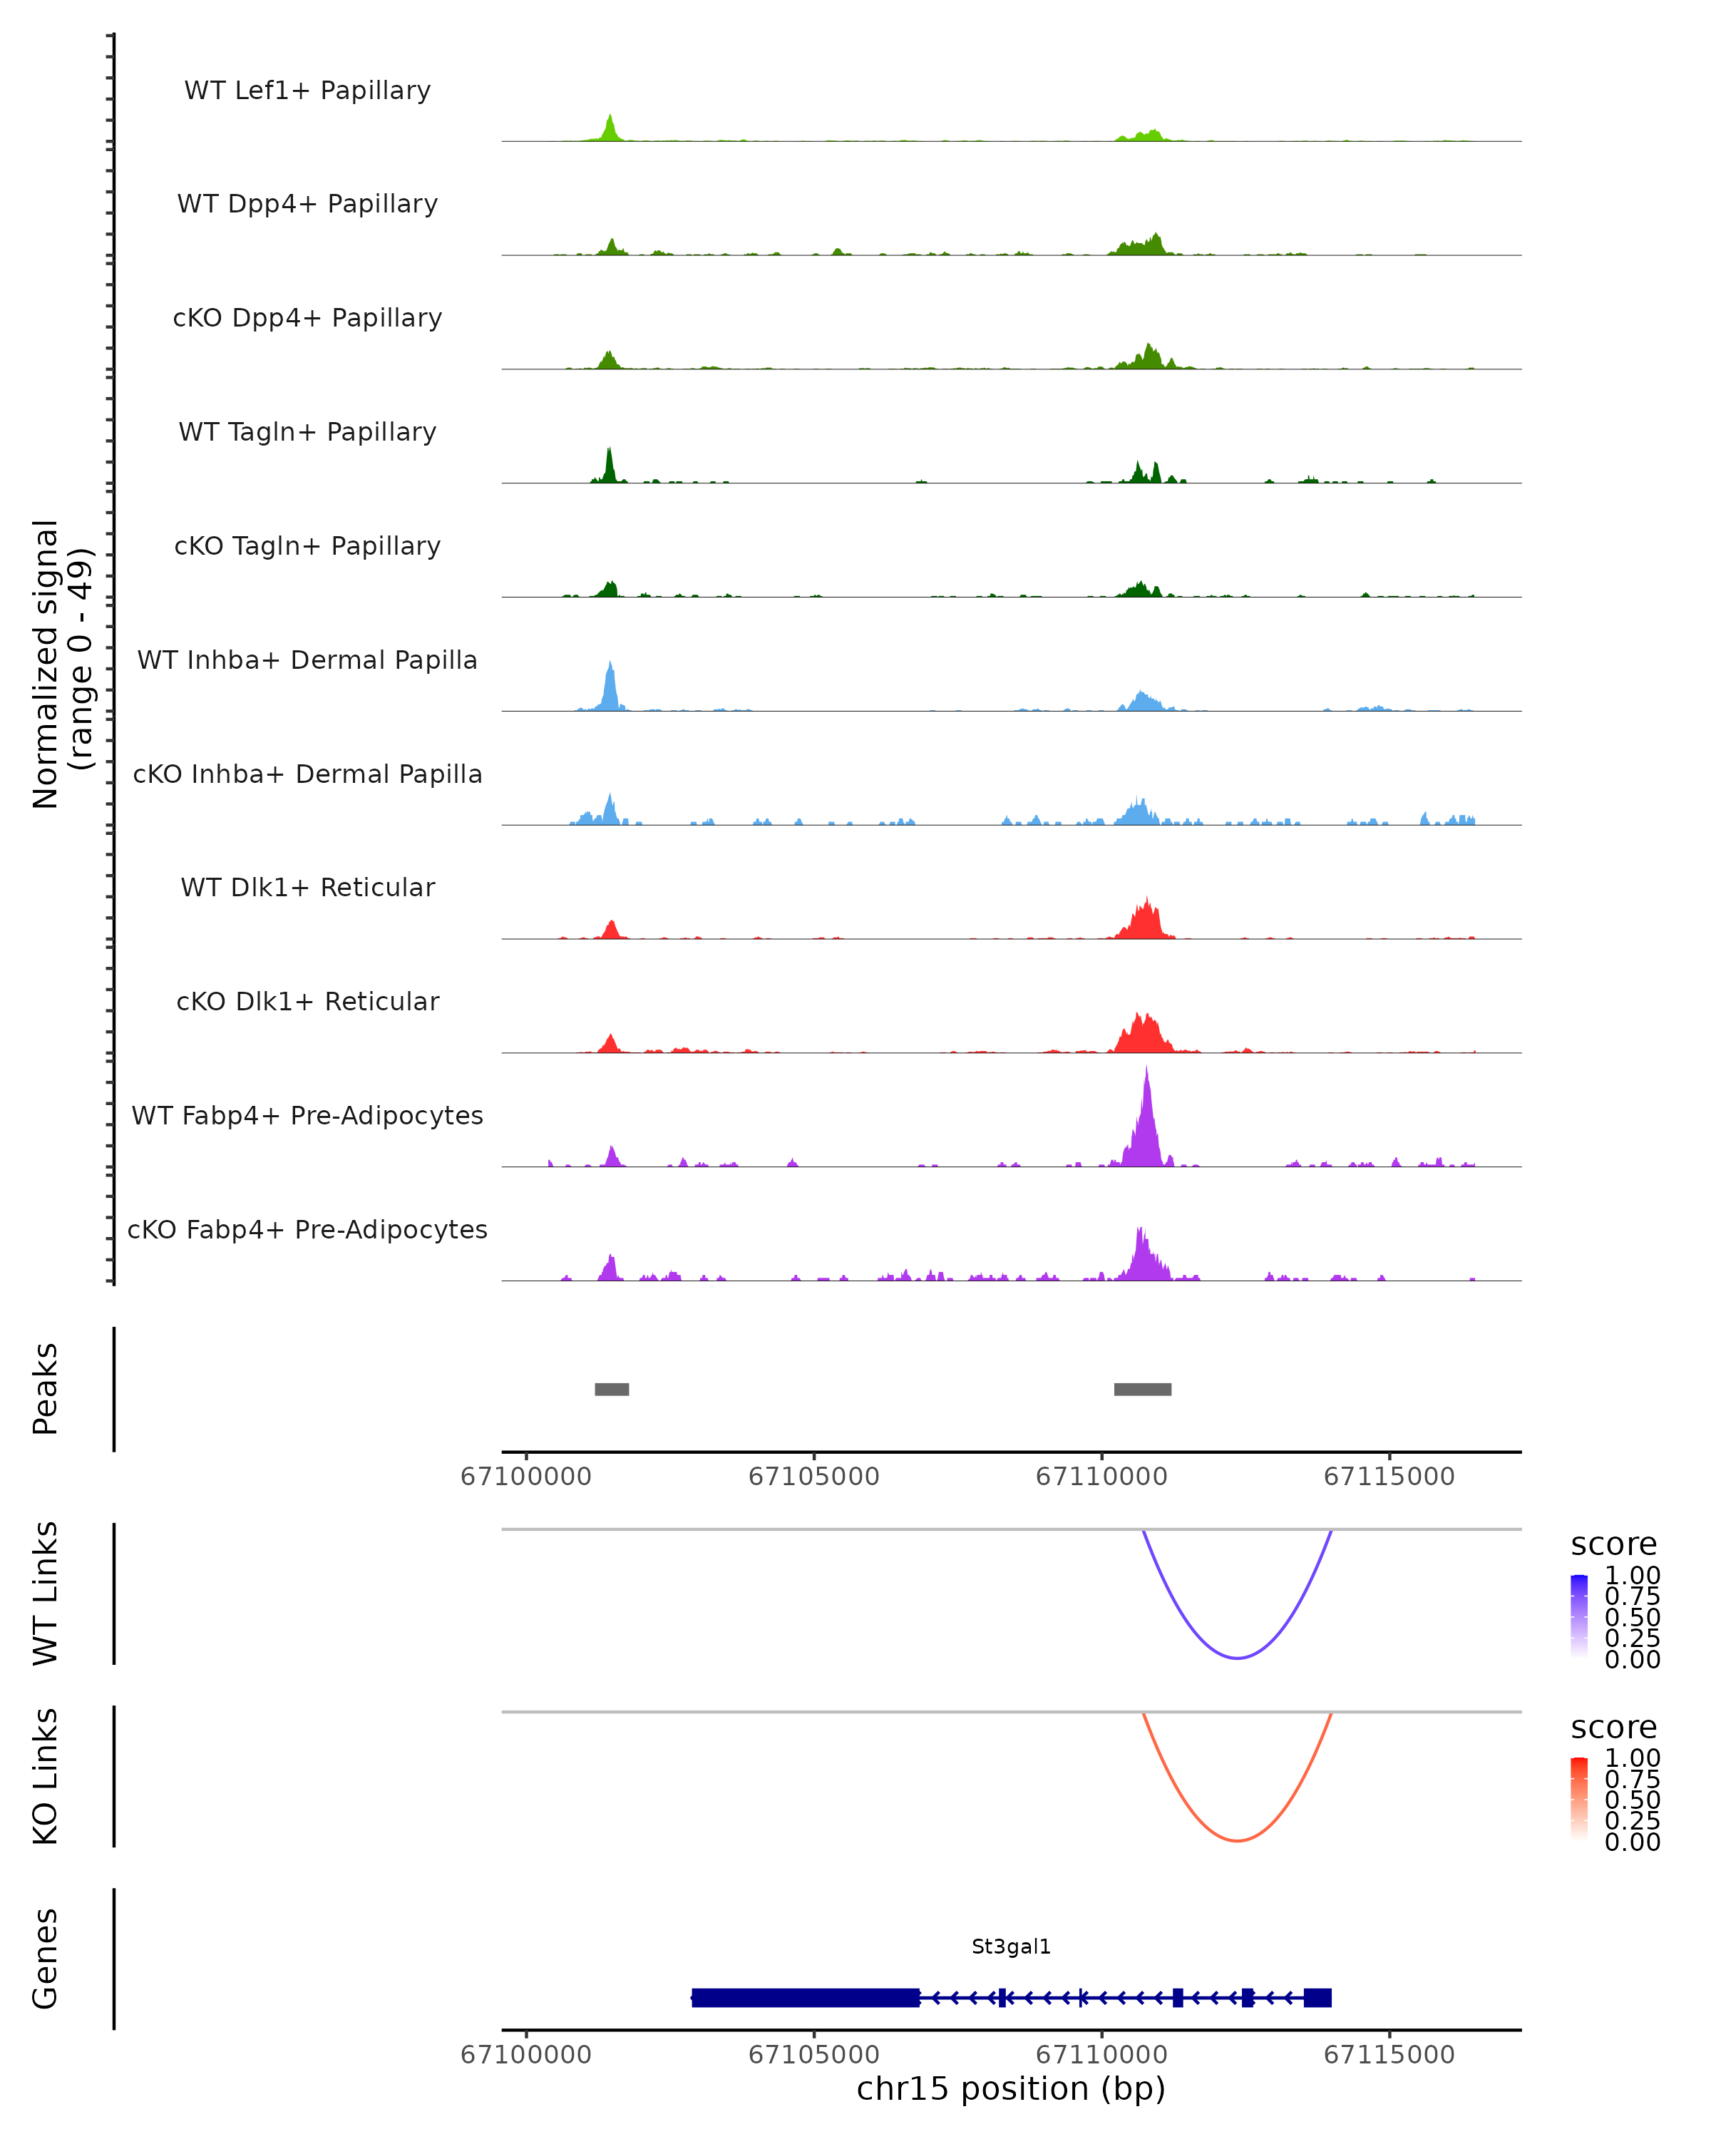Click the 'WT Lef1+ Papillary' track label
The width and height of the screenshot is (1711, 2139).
307,91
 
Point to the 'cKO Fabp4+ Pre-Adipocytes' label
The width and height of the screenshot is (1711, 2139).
307,1229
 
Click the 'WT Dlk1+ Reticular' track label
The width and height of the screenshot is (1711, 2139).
307,887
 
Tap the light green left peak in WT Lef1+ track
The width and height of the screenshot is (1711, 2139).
610,130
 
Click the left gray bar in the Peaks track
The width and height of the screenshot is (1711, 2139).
611,1389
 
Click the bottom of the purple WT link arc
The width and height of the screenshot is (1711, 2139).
1237,1658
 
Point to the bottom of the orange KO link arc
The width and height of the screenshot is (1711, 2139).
1237,1840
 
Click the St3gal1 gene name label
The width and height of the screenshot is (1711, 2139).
1011,1946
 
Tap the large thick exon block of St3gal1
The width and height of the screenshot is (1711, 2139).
806,1997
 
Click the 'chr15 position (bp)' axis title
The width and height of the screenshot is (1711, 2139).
1011,2088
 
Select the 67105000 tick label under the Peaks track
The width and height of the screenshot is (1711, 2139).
813,1477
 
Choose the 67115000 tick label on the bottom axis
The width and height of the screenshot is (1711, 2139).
1389,2053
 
